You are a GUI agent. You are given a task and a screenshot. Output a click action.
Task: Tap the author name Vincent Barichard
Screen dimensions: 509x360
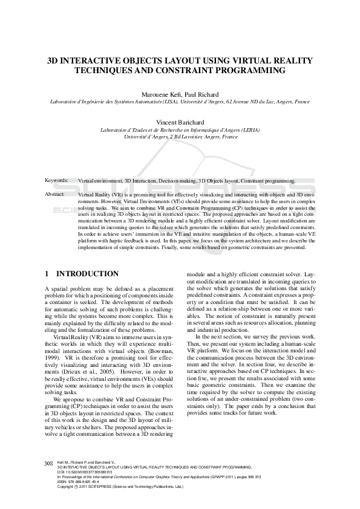[180, 122]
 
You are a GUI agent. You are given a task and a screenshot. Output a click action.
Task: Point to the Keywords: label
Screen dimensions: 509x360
[57, 180]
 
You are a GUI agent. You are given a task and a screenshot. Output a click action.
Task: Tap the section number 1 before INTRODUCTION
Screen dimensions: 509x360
[47, 274]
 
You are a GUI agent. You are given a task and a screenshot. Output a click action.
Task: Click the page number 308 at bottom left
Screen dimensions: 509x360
[50, 462]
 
